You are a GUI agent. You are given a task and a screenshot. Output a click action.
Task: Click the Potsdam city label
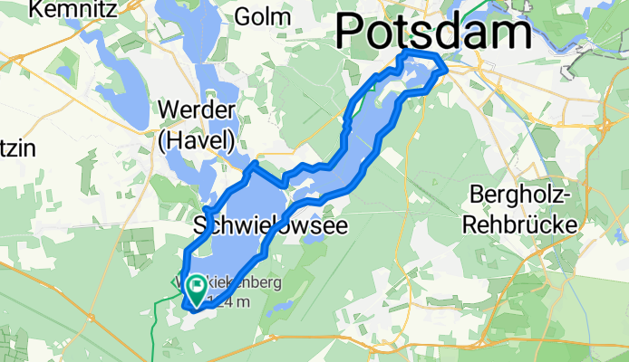(433, 33)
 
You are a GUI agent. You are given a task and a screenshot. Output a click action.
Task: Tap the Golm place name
(263, 16)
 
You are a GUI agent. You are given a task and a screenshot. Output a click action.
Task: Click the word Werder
(197, 110)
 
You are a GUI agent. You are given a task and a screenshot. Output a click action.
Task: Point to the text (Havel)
(197, 139)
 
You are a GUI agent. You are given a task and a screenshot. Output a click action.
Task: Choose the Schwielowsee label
(271, 225)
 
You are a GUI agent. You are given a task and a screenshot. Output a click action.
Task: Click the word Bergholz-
(518, 195)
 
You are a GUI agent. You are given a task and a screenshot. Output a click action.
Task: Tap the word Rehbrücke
(518, 223)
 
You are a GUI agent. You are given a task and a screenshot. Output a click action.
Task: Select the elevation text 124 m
(228, 302)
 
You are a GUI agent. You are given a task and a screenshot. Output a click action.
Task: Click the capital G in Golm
(243, 16)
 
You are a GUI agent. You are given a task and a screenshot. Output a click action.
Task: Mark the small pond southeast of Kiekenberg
(276, 308)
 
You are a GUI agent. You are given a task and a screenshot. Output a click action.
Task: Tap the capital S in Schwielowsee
(203, 225)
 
